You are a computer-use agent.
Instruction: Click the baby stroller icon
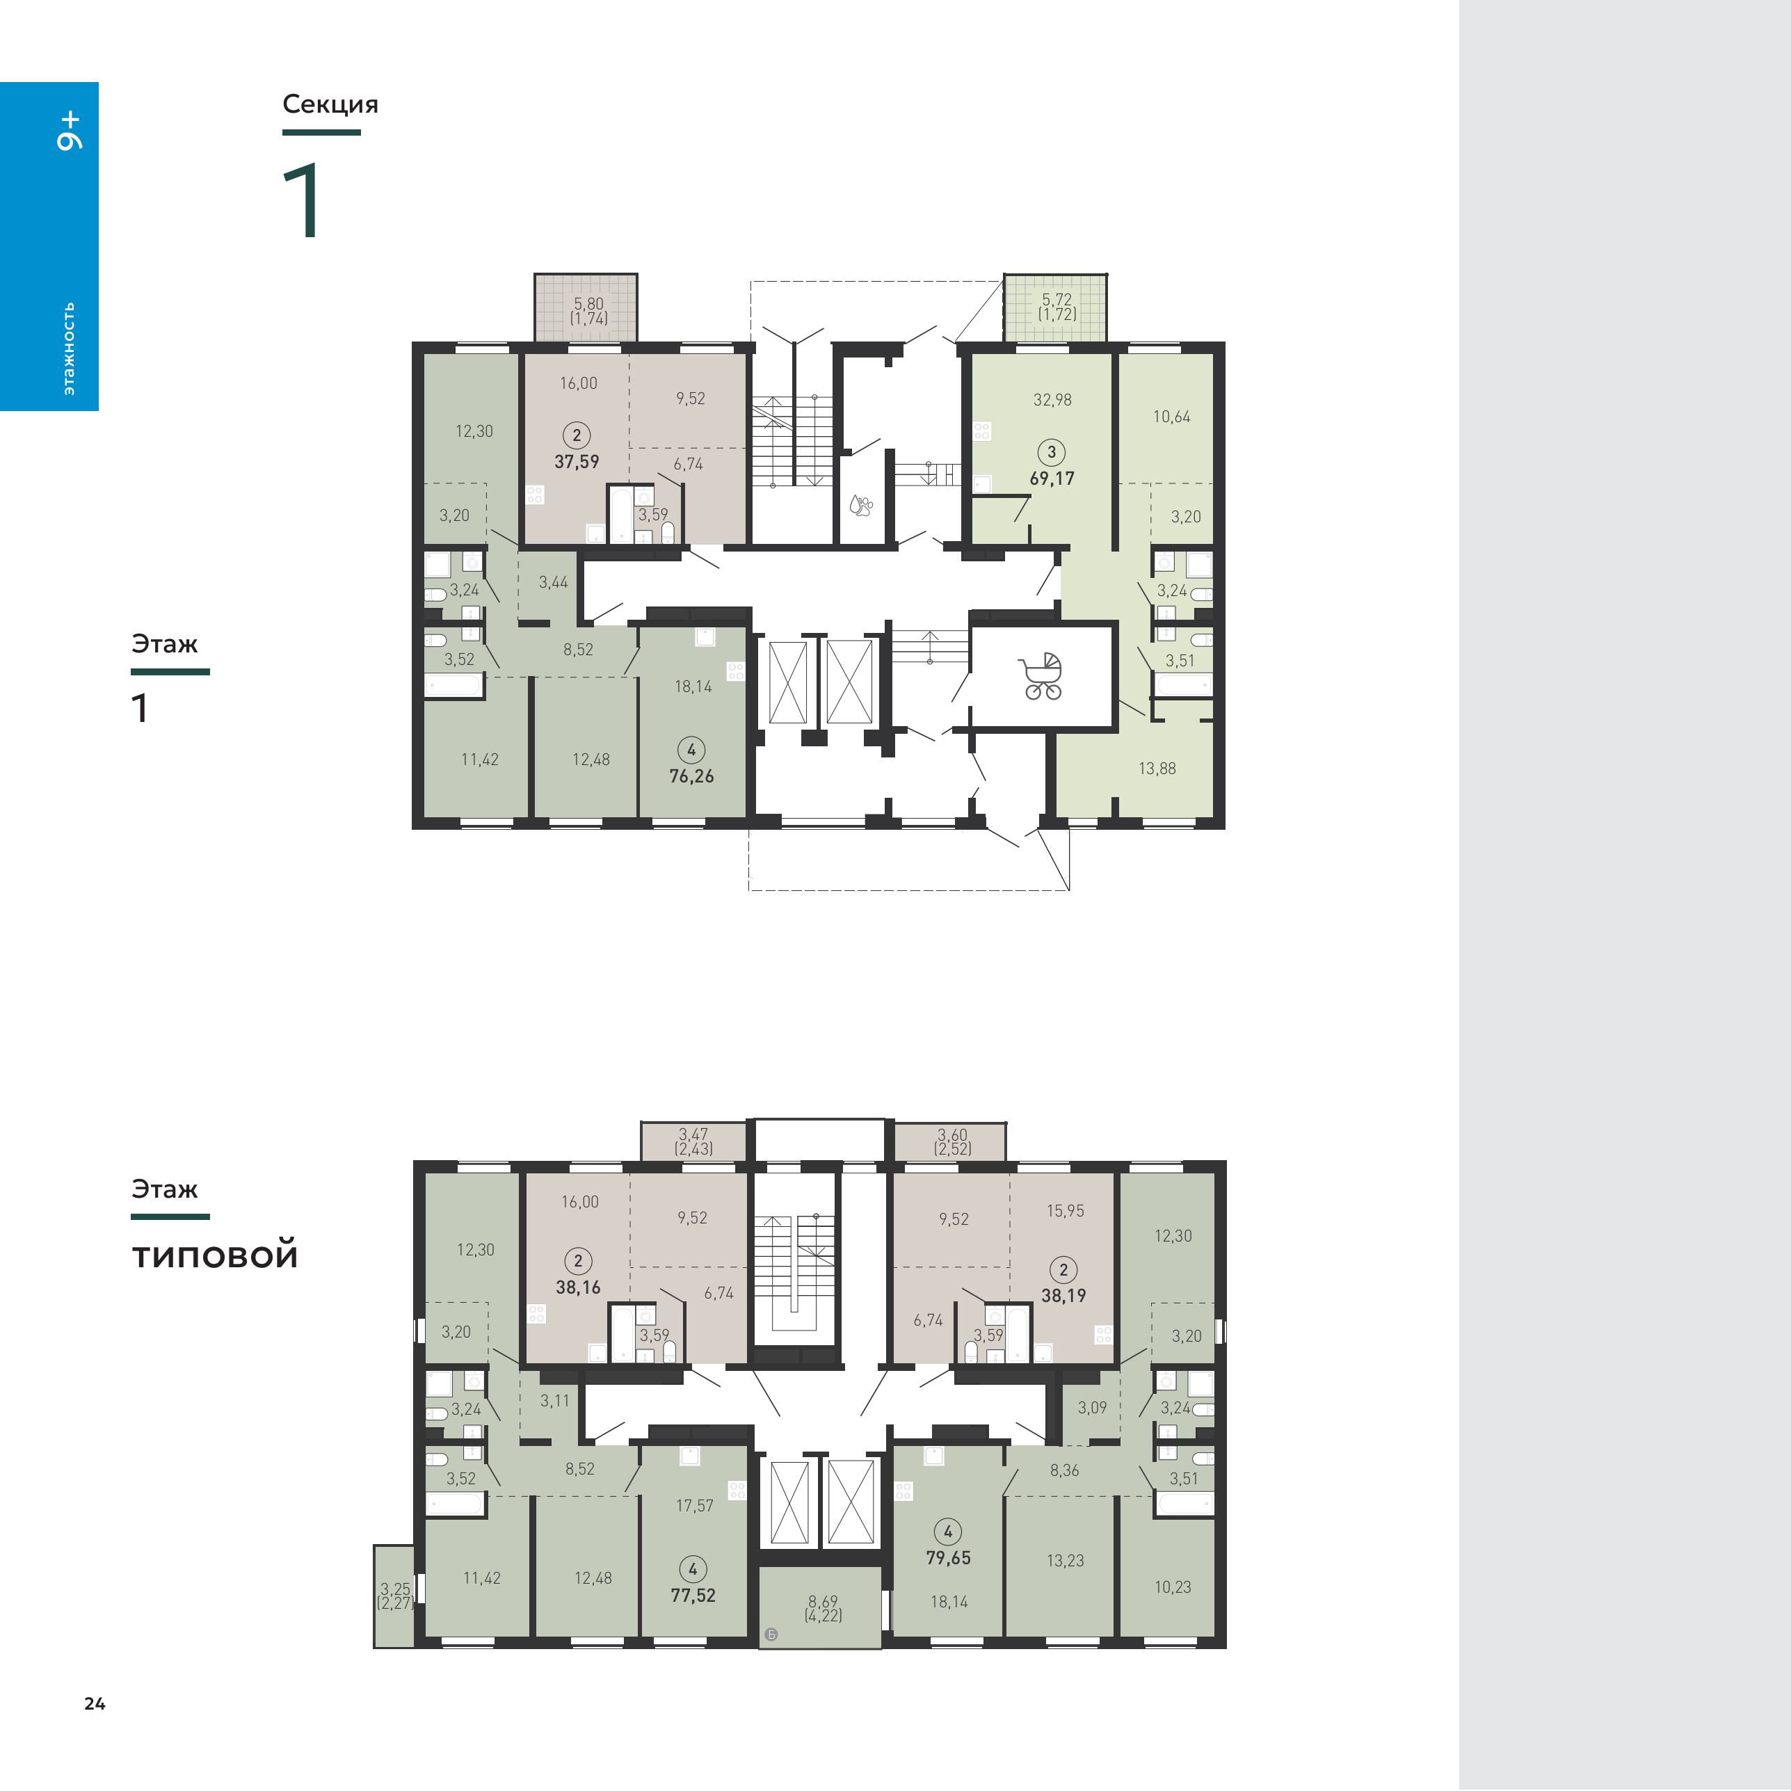1041,676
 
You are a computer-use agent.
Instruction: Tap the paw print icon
861,504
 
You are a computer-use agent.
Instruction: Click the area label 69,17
1052,479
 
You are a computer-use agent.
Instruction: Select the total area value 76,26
691,776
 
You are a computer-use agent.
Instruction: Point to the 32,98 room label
1052,399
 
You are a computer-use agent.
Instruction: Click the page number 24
95,1703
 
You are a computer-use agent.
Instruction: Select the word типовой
215,1255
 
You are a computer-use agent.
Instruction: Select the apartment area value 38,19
1063,1295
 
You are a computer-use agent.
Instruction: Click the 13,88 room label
1157,768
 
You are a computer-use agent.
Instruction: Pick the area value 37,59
577,460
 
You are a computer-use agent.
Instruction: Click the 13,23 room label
1065,1560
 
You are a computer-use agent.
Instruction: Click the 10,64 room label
1172,416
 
